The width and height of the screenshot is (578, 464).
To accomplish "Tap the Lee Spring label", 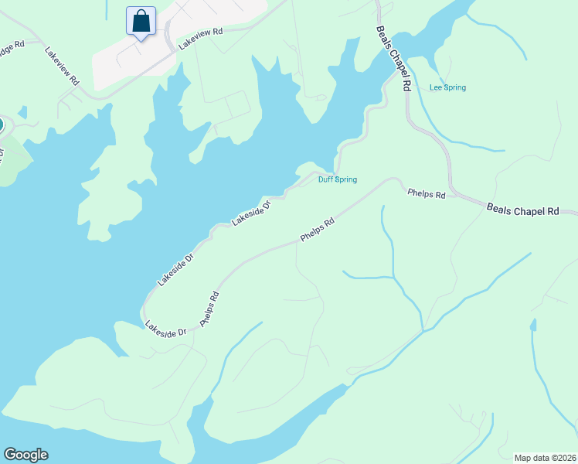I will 447,87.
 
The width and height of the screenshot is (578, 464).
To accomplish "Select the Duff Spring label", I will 338,180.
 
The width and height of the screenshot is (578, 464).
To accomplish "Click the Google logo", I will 25,455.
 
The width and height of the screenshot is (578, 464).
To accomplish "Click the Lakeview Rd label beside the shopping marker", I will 200,39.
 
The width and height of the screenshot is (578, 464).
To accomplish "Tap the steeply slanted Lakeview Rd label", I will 63,68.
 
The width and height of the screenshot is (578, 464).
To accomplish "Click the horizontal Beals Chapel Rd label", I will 522,210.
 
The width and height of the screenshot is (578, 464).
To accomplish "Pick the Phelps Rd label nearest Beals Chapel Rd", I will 427,194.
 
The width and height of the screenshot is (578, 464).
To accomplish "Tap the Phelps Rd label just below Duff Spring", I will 317,230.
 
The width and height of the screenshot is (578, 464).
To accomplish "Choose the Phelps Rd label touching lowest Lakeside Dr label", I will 210,309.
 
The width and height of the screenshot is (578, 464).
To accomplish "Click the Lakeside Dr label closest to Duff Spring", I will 252,213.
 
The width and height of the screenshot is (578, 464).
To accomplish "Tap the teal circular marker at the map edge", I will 1,124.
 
